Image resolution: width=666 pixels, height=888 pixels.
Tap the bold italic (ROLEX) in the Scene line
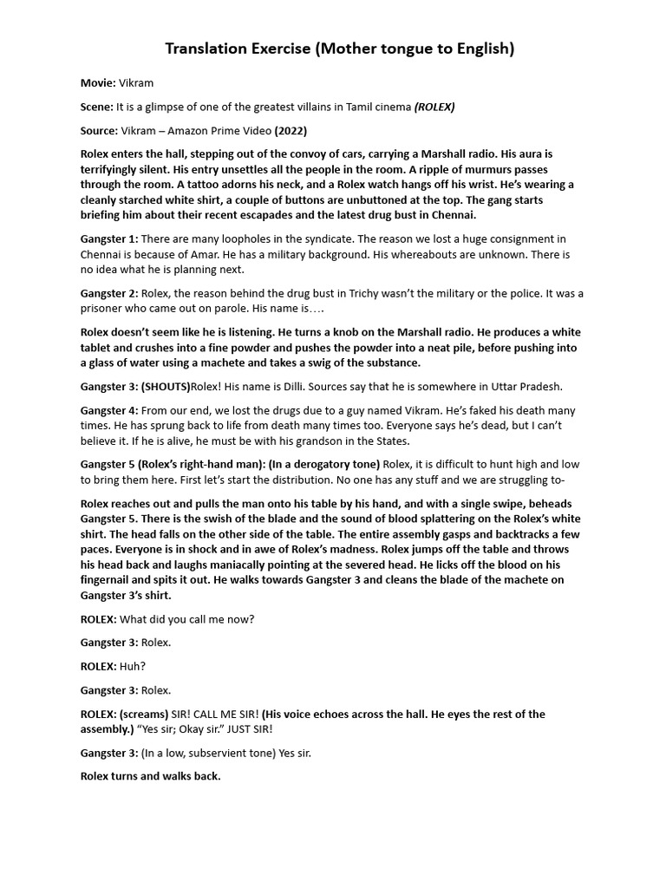pyautogui.click(x=434, y=107)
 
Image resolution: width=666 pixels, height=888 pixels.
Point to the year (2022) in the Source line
pyautogui.click(x=291, y=131)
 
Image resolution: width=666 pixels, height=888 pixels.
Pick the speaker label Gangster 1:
pyautogui.click(x=109, y=239)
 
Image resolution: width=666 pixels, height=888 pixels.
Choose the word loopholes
pyautogui.click(x=230, y=239)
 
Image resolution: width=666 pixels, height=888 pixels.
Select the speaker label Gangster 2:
pyautogui.click(x=109, y=294)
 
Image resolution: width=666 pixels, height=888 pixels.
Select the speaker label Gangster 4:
pyautogui.click(x=109, y=411)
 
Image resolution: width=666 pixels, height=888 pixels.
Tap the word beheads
pyautogui.click(x=548, y=505)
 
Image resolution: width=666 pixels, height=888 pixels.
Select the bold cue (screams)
pyautogui.click(x=144, y=715)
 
